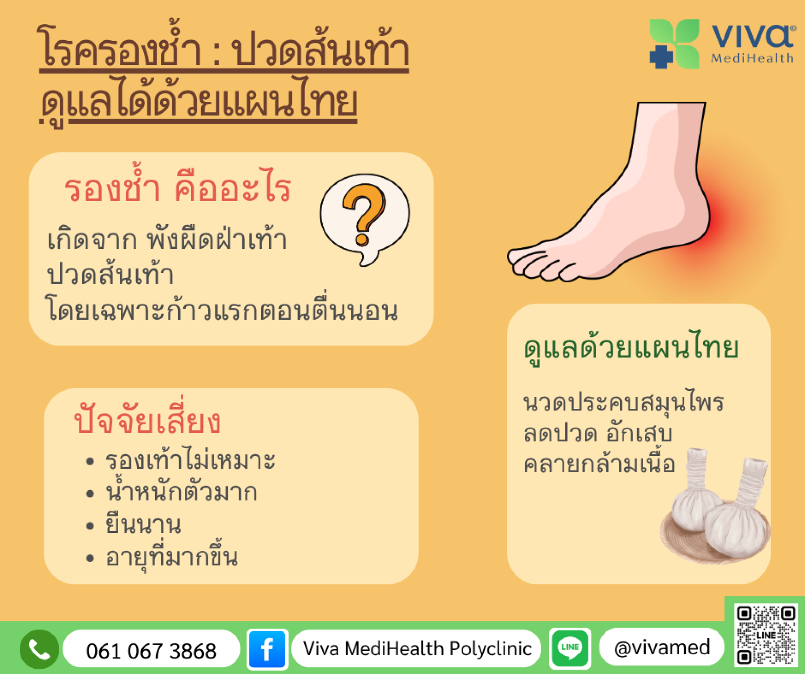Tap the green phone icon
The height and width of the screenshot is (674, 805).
tap(39, 649)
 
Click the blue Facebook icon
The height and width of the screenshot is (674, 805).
tap(267, 649)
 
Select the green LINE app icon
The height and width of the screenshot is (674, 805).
tap(570, 648)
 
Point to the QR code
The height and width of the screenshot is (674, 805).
tap(766, 635)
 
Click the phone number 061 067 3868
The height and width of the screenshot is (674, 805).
tap(151, 651)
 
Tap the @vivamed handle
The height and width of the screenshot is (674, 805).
tap(662, 648)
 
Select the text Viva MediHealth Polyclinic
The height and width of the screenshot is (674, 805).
tap(417, 649)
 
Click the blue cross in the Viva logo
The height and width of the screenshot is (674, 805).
tap(661, 57)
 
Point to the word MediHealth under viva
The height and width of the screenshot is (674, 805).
tap(752, 58)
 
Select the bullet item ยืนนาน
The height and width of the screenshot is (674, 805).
tap(143, 524)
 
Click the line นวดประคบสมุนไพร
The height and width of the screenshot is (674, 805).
tap(623, 402)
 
